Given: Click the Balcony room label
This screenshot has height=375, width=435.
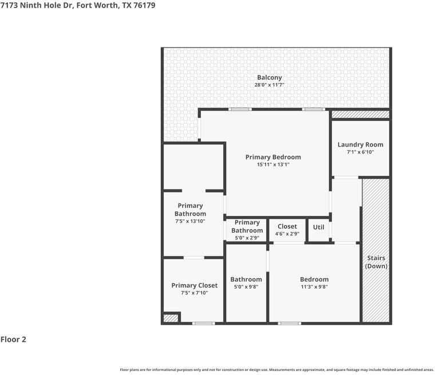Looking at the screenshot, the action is click(x=270, y=78).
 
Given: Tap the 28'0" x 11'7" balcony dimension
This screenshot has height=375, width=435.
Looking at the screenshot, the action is click(x=270, y=85).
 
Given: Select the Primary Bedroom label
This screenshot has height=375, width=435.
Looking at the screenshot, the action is click(x=273, y=157).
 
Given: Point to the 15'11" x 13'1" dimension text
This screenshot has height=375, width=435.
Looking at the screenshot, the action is click(x=273, y=164).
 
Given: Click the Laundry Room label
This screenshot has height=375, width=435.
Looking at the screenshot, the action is click(x=361, y=145).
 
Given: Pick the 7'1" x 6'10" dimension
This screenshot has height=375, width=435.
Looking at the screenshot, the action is click(x=361, y=152).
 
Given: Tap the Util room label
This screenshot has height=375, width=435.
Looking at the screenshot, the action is click(x=318, y=227).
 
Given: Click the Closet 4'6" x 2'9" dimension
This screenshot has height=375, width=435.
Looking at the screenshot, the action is click(x=287, y=234).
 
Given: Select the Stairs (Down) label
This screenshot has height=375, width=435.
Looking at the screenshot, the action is click(x=376, y=262).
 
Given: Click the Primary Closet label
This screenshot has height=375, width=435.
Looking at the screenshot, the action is click(x=195, y=285).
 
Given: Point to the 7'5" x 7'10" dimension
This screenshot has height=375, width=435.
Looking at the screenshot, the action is click(x=195, y=293).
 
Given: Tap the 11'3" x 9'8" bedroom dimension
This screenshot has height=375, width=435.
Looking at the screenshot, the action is click(x=314, y=286).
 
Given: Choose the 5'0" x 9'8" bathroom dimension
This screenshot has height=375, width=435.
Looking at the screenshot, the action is click(x=246, y=286).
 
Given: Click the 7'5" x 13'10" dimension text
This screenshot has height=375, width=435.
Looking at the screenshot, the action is click(x=190, y=221).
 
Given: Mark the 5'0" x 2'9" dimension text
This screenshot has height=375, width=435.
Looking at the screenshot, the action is click(x=247, y=238).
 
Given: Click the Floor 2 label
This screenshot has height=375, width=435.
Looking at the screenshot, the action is click(x=13, y=339).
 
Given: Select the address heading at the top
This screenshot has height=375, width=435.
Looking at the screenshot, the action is click(x=78, y=5).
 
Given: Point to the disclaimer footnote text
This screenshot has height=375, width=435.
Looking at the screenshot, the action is click(x=276, y=370).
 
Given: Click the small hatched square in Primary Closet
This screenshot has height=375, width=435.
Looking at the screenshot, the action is click(x=171, y=318).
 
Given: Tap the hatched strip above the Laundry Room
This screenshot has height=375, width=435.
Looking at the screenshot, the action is click(x=361, y=114).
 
